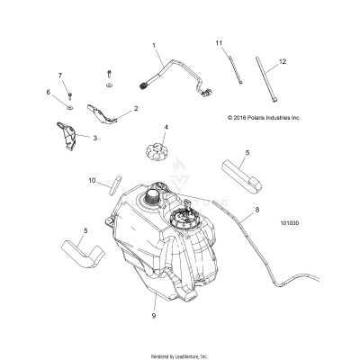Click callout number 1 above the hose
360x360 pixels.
[154, 45]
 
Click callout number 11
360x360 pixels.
[218, 43]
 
